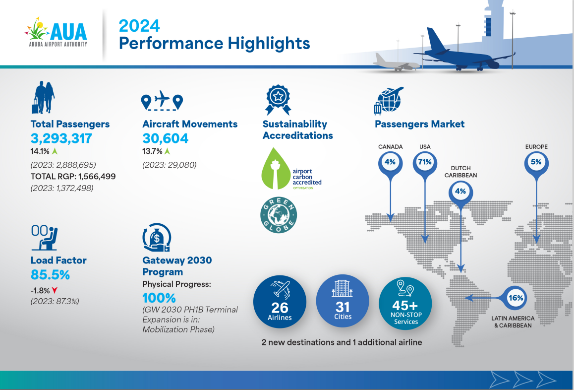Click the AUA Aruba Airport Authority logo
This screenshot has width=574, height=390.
pyautogui.click(x=56, y=32)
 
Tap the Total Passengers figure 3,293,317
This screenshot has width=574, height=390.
pyautogui.click(x=61, y=138)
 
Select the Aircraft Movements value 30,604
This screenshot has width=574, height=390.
pyautogui.click(x=166, y=138)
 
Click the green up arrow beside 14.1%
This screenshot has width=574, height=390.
pyautogui.click(x=55, y=151)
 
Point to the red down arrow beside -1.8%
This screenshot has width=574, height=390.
pyautogui.click(x=55, y=290)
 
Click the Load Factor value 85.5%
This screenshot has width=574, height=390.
pyautogui.click(x=50, y=275)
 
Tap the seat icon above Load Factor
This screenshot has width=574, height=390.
pyautogui.click(x=44, y=238)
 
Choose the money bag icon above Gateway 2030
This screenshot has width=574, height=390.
pyautogui.click(x=157, y=238)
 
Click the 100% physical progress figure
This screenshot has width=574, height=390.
pyautogui.click(x=159, y=298)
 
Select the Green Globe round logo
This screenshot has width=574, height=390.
pyautogui.click(x=279, y=215)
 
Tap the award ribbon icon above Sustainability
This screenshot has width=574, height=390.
pyautogui.click(x=278, y=100)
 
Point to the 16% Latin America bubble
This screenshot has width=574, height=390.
pyautogui.click(x=516, y=298)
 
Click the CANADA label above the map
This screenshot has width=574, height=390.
pyautogui.click(x=390, y=146)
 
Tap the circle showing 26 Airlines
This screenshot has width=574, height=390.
pyautogui.click(x=280, y=302)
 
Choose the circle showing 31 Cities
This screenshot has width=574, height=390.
pyautogui.click(x=343, y=301)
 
